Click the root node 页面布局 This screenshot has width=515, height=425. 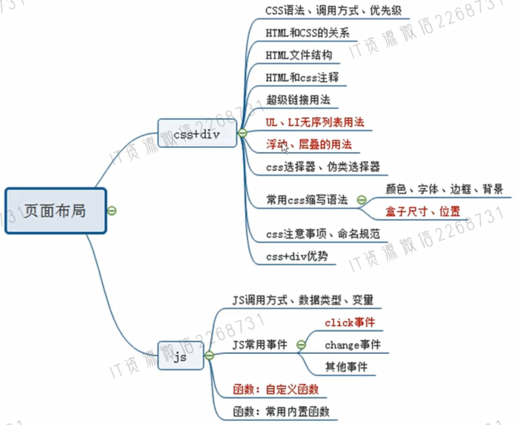tap(55, 211)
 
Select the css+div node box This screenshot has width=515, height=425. tap(197, 133)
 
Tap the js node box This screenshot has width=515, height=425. tap(181, 356)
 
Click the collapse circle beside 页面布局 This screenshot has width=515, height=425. tap(112, 211)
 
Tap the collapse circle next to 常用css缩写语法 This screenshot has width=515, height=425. tap(361, 200)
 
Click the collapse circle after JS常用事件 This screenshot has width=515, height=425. tap(301, 345)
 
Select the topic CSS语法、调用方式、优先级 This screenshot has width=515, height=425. tap(333, 11)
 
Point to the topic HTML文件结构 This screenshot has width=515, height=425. tap(299, 55)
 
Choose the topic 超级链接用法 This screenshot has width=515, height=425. tap(298, 100)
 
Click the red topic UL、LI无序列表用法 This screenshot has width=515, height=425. tap(315, 122)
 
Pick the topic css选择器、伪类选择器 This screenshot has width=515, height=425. tap(323, 167)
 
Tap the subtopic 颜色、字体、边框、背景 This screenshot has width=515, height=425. tap(444, 189)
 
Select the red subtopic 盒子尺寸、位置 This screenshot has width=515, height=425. tap(423, 212)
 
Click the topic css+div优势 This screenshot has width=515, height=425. tap(297, 256)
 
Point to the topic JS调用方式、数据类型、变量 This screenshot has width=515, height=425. tap(303, 300)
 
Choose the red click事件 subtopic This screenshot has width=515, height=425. tap(350, 322)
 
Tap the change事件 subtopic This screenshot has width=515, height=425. tap(353, 345)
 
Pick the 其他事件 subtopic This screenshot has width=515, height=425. tap(346, 367)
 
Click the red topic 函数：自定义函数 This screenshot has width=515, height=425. tap(276, 389)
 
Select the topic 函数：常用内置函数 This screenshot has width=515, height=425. tap(281, 412)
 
